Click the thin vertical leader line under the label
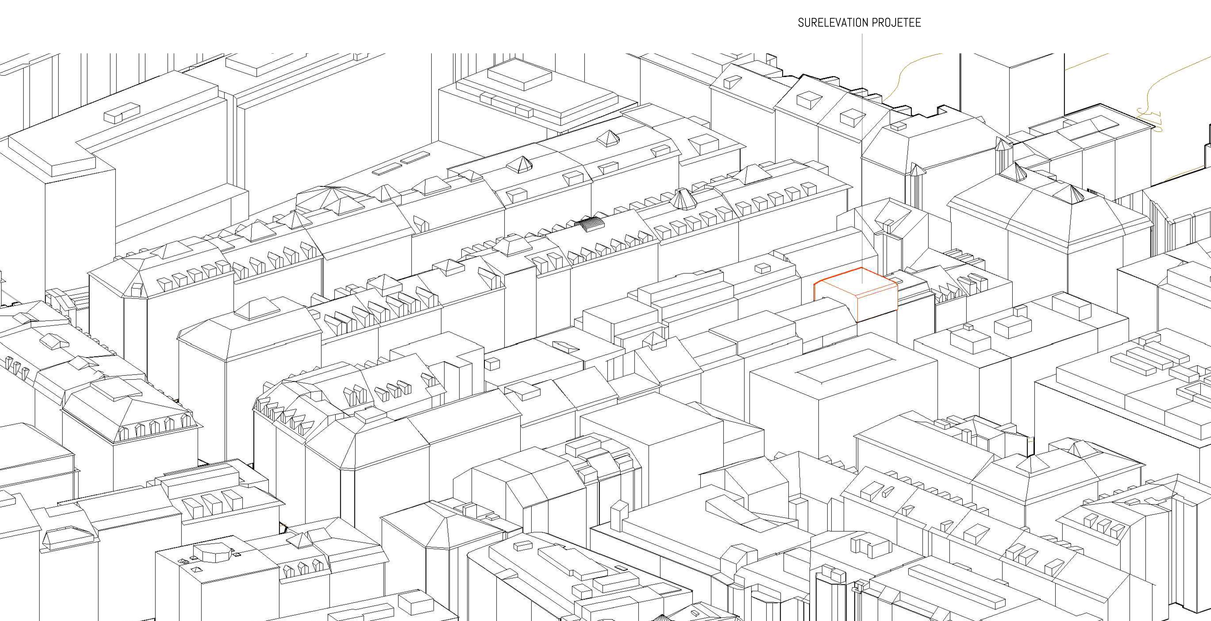point(862,141)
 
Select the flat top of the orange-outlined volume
point(856,282)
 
